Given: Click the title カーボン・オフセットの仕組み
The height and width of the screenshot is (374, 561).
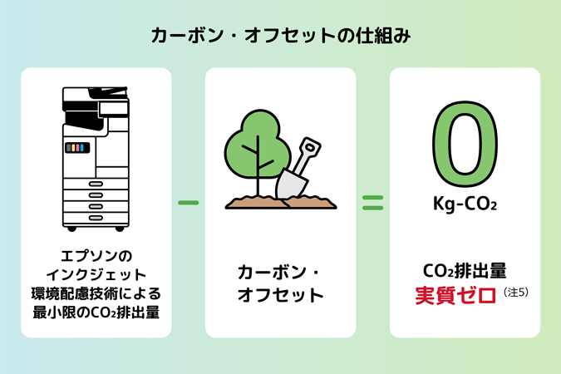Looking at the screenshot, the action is tap(281, 36).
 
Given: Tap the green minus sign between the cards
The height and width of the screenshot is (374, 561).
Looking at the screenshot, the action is tap(188, 203).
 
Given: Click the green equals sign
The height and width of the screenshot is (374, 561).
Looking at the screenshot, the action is tap(373, 203).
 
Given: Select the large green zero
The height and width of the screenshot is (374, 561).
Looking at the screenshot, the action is tap(465, 144).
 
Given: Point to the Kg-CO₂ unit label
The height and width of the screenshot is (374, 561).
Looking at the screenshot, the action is tap(465, 204).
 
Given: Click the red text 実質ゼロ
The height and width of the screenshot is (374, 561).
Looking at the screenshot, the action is tap(455, 295).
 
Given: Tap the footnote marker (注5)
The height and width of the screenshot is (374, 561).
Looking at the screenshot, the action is tap(515, 292).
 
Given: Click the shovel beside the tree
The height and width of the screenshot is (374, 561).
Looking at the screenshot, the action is tap(298, 168).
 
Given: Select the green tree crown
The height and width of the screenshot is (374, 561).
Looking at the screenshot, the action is tap(258, 144).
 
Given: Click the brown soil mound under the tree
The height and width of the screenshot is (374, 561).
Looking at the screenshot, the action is tap(281, 202).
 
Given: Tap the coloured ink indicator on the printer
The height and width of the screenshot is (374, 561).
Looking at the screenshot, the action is tap(77, 147).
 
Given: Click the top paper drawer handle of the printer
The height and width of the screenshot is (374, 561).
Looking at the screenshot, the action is tap(96, 184).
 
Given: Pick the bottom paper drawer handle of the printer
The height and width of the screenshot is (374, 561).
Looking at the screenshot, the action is tap(96, 218).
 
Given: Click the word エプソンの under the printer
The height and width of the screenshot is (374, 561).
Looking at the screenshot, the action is tap(96, 256).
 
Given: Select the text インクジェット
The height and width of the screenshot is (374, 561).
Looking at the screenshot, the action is tap(96, 274).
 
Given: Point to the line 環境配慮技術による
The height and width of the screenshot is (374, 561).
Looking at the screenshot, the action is tap(96, 293).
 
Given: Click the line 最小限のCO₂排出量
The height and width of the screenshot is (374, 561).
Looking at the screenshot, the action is tap(96, 312).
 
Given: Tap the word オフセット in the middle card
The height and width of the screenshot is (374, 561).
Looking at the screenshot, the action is tap(281, 295).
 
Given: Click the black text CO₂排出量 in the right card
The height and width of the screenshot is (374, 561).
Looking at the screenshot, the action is tap(465, 271).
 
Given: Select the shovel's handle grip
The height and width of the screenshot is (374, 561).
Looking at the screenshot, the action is tap(310, 146).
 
